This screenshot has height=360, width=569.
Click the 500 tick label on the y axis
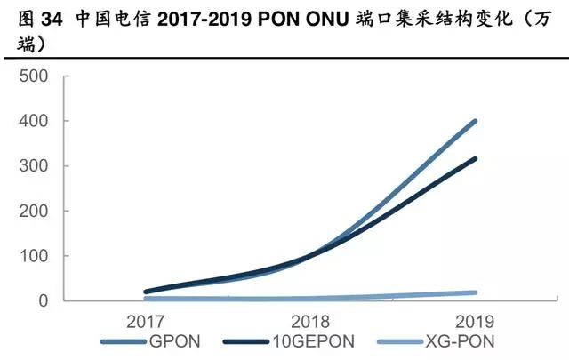click(x=31, y=76)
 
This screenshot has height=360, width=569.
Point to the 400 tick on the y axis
click(x=31, y=121)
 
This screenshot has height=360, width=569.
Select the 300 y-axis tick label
click(x=31, y=166)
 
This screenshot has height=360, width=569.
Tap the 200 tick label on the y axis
click(x=31, y=212)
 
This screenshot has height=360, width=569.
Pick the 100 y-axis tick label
click(x=31, y=256)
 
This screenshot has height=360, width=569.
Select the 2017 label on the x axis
click(x=146, y=321)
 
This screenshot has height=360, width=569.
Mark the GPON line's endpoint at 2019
click(x=476, y=121)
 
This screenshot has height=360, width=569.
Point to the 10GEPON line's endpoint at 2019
click(x=476, y=159)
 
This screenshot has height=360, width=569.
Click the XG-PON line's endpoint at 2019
click(x=476, y=292)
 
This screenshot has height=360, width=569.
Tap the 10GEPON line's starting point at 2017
click(x=146, y=292)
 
